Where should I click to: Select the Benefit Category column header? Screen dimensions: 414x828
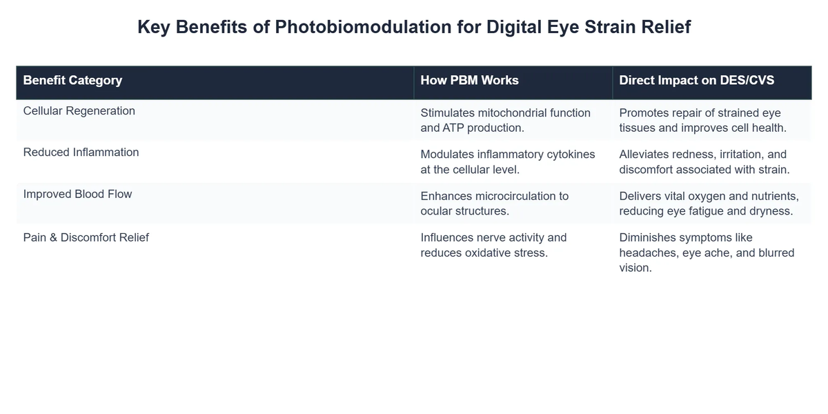tap(72, 80)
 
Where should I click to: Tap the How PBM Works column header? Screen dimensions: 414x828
tap(469, 80)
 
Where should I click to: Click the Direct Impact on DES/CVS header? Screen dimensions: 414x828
tap(696, 80)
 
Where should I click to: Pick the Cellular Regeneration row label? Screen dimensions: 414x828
tap(79, 110)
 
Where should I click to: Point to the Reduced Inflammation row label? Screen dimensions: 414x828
tap(81, 152)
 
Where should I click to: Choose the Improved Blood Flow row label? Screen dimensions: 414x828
tap(77, 194)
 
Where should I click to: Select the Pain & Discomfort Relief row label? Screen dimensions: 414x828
tap(86, 237)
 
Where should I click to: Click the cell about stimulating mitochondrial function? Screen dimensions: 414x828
tap(505, 120)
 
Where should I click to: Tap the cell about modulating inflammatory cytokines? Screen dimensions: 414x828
tap(507, 161)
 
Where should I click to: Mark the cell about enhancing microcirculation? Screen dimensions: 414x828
tap(494, 203)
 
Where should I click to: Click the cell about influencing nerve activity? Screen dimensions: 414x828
tap(493, 245)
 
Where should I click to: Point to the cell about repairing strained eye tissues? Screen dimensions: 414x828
tap(702, 120)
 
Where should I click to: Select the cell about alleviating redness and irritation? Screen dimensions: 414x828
tap(704, 161)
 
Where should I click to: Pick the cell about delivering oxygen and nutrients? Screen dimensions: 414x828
tap(709, 203)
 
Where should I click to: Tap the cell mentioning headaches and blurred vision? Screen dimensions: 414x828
tap(706, 253)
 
